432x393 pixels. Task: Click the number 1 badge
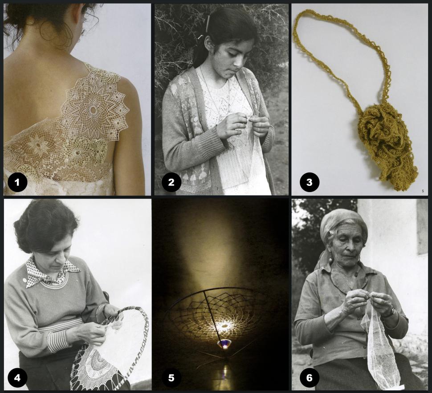click(x=17, y=182)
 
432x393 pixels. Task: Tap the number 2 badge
click(x=171, y=182)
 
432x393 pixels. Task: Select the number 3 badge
click(x=310, y=182)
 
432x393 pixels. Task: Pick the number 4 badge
click(x=17, y=377)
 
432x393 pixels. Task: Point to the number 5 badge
click(x=171, y=377)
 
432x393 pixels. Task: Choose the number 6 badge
click(x=310, y=377)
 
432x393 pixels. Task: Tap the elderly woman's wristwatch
click(x=391, y=312)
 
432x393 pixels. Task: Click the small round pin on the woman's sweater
click(x=24, y=280)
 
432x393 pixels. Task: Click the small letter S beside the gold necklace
click(x=423, y=191)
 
